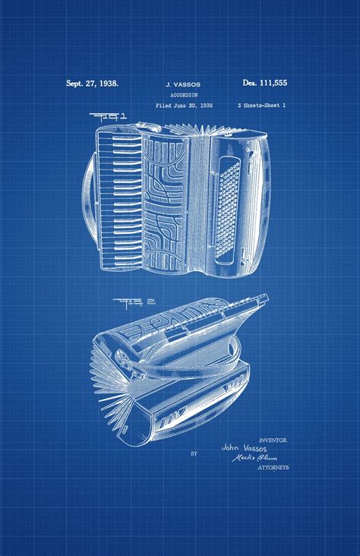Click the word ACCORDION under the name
179,96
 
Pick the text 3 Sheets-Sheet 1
263,106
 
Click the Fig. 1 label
109,118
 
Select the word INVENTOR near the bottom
273,440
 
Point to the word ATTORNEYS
273,467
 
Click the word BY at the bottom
194,453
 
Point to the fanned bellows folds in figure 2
114,387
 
